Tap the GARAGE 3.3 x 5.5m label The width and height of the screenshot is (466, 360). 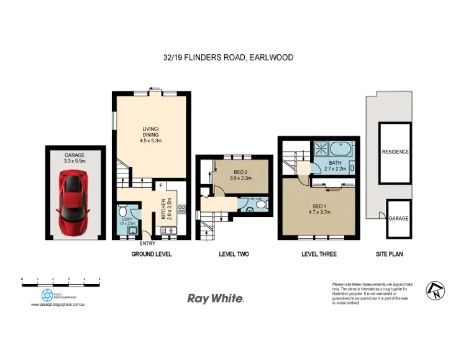pyautogui.click(x=75, y=158)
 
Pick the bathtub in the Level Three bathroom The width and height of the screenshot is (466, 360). pyautogui.click(x=341, y=150)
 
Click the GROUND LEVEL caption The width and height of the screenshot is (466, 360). pyautogui.click(x=151, y=254)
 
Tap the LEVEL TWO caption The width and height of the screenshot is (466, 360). pyautogui.click(x=234, y=254)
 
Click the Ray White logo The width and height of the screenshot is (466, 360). pyautogui.click(x=216, y=298)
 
